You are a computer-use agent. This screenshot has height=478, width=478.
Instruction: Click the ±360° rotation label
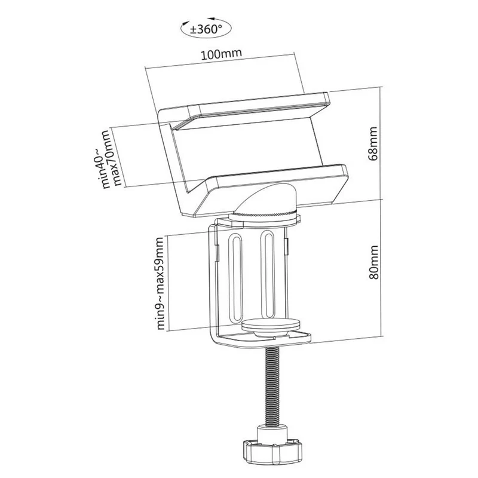(x=206, y=29)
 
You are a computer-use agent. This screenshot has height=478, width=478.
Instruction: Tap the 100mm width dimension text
(x=221, y=54)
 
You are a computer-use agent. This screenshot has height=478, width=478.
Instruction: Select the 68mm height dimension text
(x=373, y=143)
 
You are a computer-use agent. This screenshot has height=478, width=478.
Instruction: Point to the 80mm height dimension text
(x=373, y=262)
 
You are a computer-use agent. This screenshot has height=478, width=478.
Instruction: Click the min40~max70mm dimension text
(x=111, y=158)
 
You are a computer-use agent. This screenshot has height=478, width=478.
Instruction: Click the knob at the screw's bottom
(x=272, y=451)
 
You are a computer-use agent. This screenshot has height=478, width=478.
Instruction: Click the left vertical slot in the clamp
(x=235, y=277)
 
